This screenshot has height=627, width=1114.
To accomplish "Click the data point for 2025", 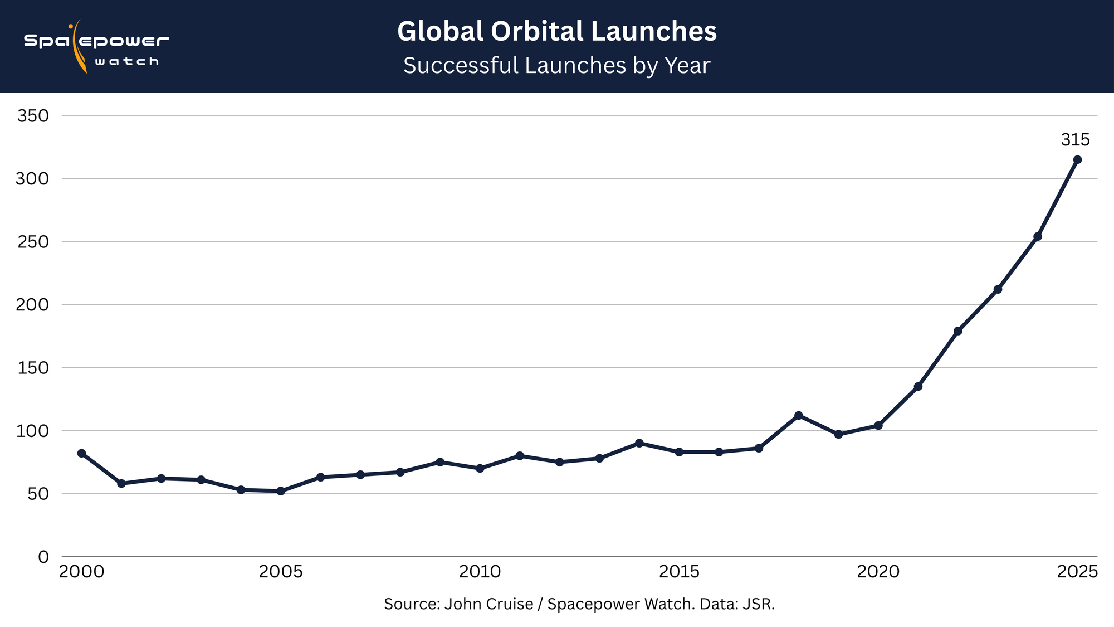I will (1077, 159).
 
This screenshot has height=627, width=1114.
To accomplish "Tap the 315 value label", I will (1075, 140).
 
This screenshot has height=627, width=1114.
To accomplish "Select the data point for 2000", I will (81, 453).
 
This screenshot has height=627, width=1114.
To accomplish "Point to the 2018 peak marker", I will (798, 415).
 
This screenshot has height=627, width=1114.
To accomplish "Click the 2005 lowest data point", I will (281, 491).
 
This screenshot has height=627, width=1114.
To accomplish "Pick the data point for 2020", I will (878, 425).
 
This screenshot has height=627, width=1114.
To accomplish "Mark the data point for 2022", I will (958, 331).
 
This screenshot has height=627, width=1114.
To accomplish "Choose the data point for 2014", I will (639, 443).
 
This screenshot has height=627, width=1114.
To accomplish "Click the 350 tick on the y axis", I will (33, 116).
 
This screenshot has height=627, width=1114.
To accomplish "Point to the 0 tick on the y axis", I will (43, 557).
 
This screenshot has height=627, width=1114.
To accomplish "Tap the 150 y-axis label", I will (33, 368).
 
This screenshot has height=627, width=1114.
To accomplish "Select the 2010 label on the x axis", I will (480, 572).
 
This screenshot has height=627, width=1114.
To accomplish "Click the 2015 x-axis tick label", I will (679, 572).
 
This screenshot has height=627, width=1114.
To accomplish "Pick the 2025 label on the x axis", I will (1077, 572).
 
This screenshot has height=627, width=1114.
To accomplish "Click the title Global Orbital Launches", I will (556, 31).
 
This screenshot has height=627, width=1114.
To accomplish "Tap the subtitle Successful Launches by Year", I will (556, 66).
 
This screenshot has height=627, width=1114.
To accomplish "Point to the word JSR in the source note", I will (758, 604).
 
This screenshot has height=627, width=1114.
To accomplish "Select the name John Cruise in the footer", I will (488, 604).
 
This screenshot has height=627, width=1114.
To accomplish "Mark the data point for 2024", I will (1038, 236).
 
